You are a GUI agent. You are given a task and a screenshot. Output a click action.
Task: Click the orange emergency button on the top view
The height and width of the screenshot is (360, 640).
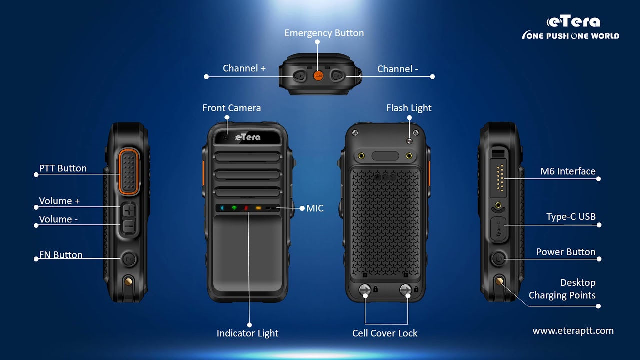318,75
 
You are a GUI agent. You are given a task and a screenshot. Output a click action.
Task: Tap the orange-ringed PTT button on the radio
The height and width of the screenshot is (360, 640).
129,172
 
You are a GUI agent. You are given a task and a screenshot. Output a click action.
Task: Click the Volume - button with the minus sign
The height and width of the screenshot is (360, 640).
129,227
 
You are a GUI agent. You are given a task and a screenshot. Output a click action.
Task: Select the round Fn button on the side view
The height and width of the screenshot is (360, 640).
129,259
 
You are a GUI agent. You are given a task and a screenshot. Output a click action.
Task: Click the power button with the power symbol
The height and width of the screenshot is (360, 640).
498,259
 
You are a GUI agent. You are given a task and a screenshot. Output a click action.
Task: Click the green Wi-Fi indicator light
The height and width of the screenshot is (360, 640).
234,208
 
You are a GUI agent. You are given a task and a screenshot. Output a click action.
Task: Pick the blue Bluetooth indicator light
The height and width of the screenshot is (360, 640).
222,208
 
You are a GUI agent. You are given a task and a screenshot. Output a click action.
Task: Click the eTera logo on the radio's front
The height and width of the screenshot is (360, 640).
247,137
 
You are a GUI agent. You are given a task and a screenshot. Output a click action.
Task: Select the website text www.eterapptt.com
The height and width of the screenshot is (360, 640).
573,331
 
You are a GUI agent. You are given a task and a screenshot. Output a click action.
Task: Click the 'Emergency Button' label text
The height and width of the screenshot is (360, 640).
324,33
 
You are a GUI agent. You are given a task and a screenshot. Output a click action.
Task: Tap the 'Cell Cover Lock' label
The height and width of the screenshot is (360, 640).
385,333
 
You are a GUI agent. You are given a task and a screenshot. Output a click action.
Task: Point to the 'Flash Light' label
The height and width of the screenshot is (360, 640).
409,108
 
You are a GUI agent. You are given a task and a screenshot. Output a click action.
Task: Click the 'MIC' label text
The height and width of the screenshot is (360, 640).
315,208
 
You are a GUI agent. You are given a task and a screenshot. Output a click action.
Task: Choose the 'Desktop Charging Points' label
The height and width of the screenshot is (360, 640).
562,289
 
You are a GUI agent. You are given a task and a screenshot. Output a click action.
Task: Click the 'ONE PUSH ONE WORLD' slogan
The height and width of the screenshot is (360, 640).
571,35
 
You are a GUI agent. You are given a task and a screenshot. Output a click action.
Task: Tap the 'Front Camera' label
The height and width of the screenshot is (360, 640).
231,108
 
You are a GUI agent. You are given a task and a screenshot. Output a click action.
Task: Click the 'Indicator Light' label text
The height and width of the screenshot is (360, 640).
247,333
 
